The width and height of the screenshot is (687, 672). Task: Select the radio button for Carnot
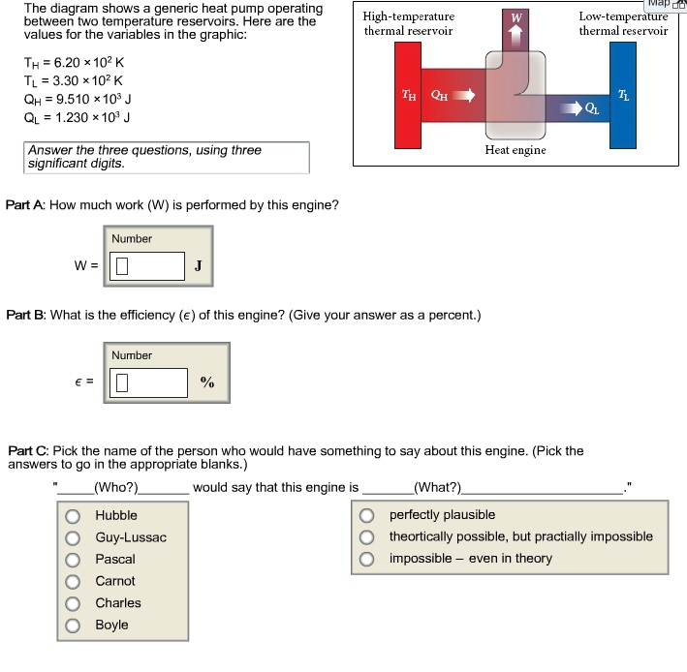73,581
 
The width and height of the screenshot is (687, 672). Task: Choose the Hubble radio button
73,516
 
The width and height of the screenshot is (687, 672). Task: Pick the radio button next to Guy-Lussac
73,537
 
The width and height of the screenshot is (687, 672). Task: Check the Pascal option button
73,560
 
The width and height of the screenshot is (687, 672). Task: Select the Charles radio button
73,603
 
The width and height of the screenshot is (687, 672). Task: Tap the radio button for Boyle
73,625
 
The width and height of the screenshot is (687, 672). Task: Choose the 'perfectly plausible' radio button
367,515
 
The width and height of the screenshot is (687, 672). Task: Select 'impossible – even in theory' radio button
367,559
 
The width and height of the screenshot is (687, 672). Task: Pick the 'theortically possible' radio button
367,536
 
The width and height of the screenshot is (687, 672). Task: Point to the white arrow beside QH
466,96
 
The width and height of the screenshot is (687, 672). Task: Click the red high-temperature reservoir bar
408,97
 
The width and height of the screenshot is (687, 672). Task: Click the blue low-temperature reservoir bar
621,97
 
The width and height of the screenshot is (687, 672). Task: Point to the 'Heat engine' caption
515,150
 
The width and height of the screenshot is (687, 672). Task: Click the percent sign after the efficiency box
206,382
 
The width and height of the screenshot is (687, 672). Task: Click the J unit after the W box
198,265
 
